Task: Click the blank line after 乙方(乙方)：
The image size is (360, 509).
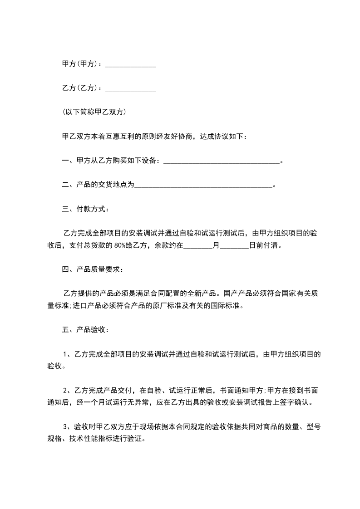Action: coord(131,89)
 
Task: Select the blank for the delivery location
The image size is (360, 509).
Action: coord(204,185)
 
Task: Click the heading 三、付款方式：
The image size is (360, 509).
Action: coord(85,209)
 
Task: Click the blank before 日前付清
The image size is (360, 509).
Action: coord(234,246)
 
